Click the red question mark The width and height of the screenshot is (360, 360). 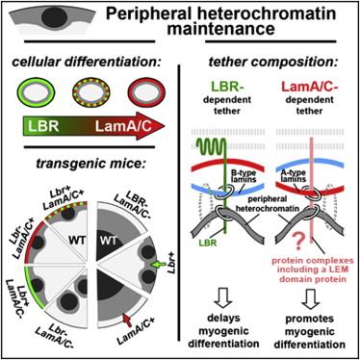pyautogui.click(x=298, y=243)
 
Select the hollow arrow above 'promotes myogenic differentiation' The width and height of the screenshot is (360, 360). pyautogui.click(x=310, y=298)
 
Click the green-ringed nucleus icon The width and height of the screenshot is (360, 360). pyautogui.click(x=36, y=93)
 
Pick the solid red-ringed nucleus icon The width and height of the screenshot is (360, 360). pyautogui.click(x=146, y=93)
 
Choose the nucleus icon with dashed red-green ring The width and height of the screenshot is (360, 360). pyautogui.click(x=91, y=93)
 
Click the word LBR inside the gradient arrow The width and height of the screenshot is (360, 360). pyautogui.click(x=43, y=126)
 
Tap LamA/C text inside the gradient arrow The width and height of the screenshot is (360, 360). pyautogui.click(x=123, y=127)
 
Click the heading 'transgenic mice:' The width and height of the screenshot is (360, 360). pyautogui.click(x=90, y=164)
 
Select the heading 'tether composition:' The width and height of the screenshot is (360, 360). pyautogui.click(x=272, y=62)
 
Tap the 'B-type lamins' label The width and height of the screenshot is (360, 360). pyautogui.click(x=244, y=176)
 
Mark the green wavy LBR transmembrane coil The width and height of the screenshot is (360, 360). pyautogui.click(x=212, y=146)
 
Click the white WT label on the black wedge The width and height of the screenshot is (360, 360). pyautogui.click(x=109, y=240)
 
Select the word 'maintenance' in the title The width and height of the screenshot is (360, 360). pyautogui.click(x=221, y=29)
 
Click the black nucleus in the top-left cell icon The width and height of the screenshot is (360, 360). pyautogui.click(x=52, y=16)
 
